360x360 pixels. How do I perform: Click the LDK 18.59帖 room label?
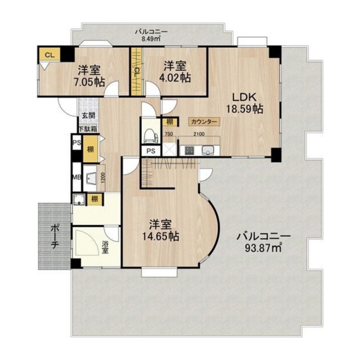245,103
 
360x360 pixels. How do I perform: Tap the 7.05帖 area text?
89,82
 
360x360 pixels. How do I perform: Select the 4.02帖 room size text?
175,78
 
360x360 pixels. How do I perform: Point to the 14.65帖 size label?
160,236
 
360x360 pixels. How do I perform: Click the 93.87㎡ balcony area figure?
263,248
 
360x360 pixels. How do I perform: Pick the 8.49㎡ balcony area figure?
151,39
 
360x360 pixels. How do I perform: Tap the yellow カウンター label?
204,121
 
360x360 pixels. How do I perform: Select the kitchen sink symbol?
208,150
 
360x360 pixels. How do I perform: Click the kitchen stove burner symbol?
190,151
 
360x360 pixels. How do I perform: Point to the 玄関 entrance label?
89,115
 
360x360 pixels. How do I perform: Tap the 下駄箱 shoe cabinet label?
88,129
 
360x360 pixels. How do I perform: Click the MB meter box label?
77,177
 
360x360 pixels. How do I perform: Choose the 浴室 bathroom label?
105,247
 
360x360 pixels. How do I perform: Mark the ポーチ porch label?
55,236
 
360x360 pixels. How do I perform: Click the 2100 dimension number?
199,134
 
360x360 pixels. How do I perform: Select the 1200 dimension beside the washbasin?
102,178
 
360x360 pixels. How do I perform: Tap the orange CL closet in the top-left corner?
49,55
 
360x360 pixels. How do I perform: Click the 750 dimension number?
169,134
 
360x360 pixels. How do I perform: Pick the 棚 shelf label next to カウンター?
170,121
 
